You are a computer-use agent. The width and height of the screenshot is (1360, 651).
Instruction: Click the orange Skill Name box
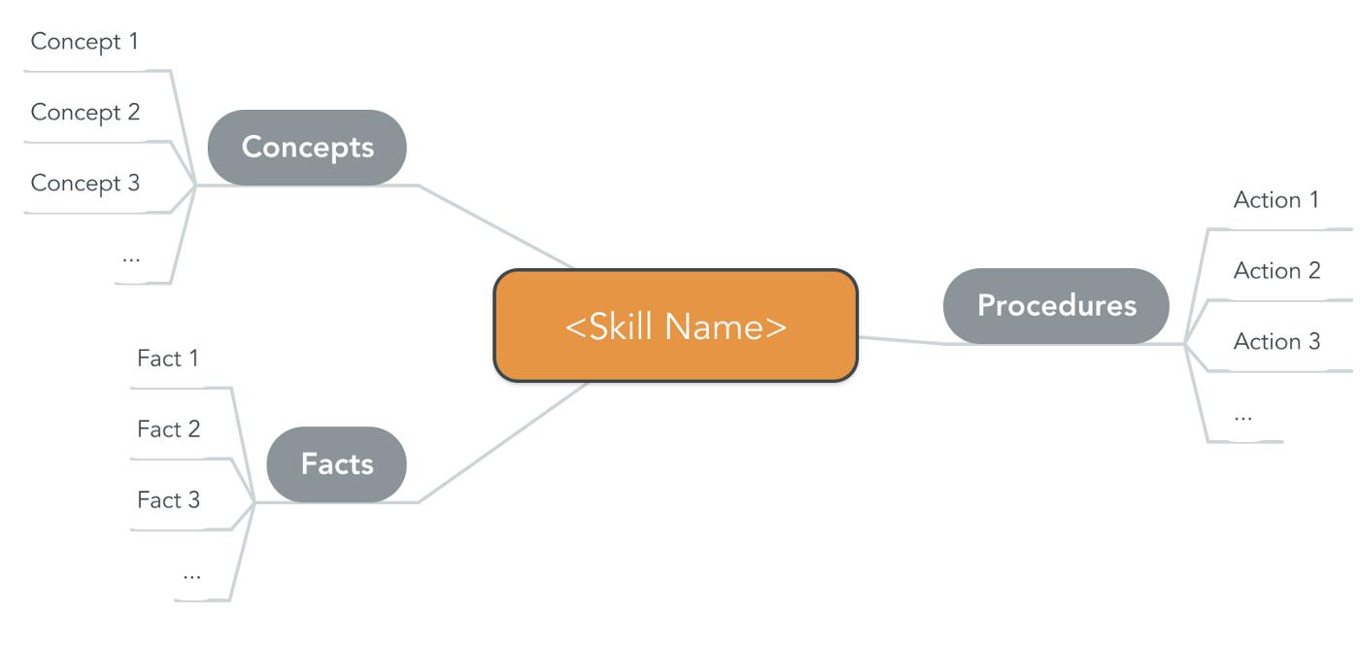675,325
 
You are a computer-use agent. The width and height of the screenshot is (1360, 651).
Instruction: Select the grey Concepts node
307,147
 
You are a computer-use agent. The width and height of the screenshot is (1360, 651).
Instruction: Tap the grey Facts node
336,463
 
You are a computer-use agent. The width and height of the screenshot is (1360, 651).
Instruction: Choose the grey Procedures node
1056,305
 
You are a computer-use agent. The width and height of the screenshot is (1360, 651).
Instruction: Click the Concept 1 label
85,42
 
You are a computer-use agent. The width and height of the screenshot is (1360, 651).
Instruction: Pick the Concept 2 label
85,113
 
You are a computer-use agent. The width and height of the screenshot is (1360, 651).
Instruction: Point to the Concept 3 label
85,183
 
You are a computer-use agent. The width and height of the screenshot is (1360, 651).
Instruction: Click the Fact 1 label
168,359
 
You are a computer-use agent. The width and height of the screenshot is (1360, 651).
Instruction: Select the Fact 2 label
169,428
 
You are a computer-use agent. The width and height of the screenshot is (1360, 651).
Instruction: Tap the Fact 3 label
169,500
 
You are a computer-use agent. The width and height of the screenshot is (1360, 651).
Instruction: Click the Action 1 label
1276,200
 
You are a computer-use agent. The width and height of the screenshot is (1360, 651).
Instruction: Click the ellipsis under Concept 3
131,258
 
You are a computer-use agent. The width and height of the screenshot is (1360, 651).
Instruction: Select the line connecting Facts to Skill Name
505,442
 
